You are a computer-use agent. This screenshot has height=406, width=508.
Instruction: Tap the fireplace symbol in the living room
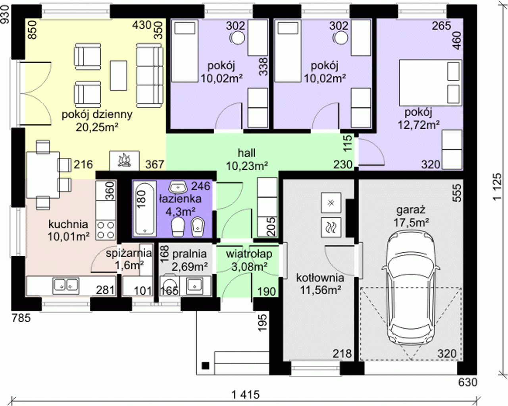pos(124,161)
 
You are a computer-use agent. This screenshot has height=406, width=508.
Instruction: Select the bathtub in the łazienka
pos(144,209)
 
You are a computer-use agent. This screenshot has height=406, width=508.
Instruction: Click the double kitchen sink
pos(66,286)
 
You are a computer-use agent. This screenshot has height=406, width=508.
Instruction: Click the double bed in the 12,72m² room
pos(430,82)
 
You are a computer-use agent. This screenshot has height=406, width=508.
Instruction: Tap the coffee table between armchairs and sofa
pos(119,75)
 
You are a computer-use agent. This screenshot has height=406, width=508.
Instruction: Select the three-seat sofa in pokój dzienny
pos(150,75)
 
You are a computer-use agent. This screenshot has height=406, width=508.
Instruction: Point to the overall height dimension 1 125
pos(498,187)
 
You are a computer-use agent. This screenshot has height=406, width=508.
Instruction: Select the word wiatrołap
pos(249,254)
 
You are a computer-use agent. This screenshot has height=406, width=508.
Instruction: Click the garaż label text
pos(411,210)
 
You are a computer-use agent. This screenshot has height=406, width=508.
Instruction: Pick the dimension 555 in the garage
pos(457,193)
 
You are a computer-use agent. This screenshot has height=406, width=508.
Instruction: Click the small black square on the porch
pos(206,366)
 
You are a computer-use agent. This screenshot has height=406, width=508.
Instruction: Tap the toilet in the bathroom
pos(178,227)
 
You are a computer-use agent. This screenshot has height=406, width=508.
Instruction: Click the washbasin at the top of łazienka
pos(178,187)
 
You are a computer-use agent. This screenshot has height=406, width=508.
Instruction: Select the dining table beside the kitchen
pos(43,175)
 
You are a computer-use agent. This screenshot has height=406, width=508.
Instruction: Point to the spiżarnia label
pos(129,253)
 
